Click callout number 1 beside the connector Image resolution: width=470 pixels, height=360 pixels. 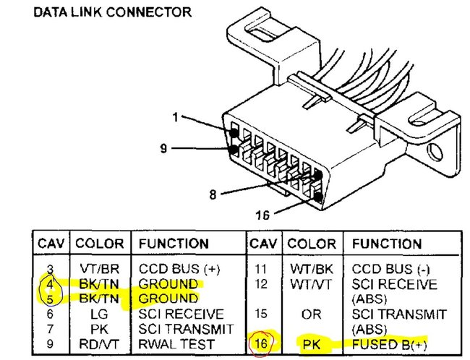pos(176,116)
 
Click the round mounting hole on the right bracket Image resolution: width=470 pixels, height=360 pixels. pos(435,153)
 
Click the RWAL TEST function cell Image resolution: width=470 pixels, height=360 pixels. pos(176,343)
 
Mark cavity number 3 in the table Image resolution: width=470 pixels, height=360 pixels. pos(50,269)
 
